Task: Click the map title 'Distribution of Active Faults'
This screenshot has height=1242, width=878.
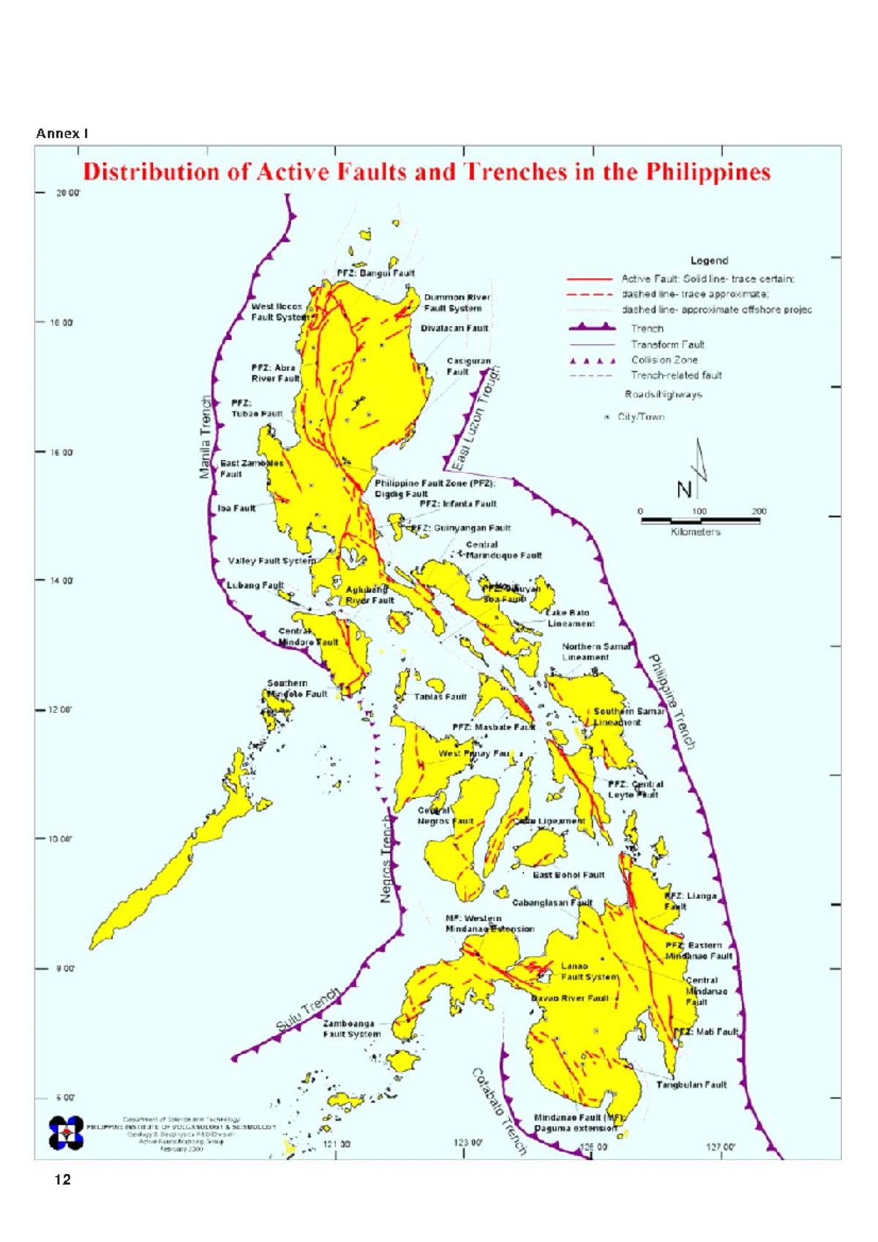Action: pyautogui.click(x=426, y=172)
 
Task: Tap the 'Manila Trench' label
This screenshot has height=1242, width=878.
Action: pyautogui.click(x=206, y=437)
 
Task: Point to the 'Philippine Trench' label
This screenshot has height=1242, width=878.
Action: pyautogui.click(x=672, y=701)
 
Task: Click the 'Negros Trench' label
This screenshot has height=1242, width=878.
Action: pyautogui.click(x=387, y=859)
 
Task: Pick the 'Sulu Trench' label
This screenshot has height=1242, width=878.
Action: pyautogui.click(x=308, y=1010)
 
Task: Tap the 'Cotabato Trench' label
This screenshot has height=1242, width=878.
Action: pyautogui.click(x=499, y=1111)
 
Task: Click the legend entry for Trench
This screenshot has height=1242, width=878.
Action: pyautogui.click(x=647, y=328)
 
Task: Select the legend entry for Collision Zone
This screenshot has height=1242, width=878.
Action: pyautogui.click(x=664, y=360)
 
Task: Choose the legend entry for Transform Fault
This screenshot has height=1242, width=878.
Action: pyautogui.click(x=667, y=344)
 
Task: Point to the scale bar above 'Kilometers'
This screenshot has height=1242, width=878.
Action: pyautogui.click(x=700, y=521)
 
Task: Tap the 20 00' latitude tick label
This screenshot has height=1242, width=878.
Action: pyautogui.click(x=69, y=193)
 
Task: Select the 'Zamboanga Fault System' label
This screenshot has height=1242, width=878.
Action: pyautogui.click(x=351, y=1028)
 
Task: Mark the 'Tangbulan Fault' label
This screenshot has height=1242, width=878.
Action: pyautogui.click(x=691, y=1085)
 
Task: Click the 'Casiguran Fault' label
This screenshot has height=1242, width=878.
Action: pyautogui.click(x=468, y=366)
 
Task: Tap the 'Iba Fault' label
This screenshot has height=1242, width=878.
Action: pyautogui.click(x=237, y=508)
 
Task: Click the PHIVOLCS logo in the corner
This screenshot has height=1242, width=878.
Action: pyautogui.click(x=66, y=1133)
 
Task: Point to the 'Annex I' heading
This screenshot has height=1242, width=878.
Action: pyautogui.click(x=62, y=133)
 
